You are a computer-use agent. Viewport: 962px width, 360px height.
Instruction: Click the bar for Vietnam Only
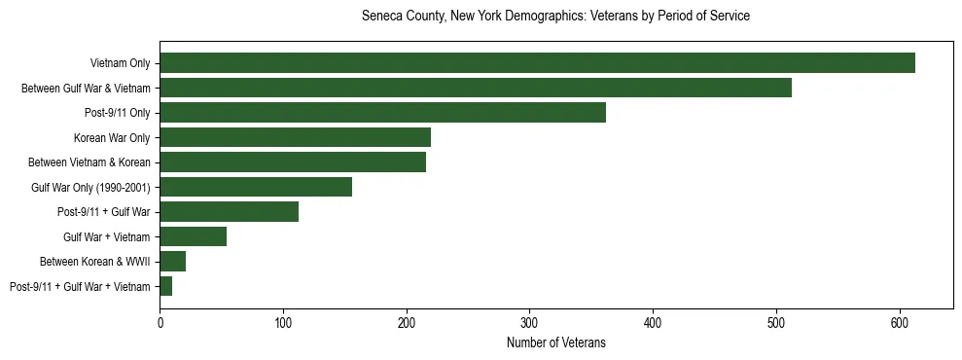pyautogui.click(x=537, y=63)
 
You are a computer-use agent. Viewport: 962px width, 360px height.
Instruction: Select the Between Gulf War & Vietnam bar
pyautogui.click(x=476, y=88)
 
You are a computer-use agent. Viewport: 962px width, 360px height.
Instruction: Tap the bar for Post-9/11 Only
pyautogui.click(x=382, y=113)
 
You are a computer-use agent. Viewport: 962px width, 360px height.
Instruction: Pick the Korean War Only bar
pyautogui.click(x=295, y=137)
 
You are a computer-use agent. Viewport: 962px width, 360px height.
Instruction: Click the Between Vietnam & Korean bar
pyautogui.click(x=293, y=162)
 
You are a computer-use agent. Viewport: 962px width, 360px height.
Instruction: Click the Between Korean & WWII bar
pyautogui.click(x=172, y=262)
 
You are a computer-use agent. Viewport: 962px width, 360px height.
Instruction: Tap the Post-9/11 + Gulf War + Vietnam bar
pyautogui.click(x=165, y=286)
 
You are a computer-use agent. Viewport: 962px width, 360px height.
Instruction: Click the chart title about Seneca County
pyautogui.click(x=555, y=17)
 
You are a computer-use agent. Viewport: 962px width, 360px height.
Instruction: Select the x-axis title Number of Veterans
pyautogui.click(x=555, y=342)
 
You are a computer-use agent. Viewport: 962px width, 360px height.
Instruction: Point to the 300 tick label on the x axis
pyautogui.click(x=529, y=321)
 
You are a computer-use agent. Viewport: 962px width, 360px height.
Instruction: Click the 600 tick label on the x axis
pyautogui.click(x=899, y=321)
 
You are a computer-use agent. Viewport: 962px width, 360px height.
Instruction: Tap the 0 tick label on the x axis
pyautogui.click(x=160, y=321)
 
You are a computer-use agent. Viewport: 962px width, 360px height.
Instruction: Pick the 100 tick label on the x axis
pyautogui.click(x=283, y=321)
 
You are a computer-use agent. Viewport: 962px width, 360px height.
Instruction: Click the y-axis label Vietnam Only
pyautogui.click(x=120, y=63)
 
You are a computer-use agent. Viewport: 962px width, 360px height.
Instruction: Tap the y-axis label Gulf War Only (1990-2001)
pyautogui.click(x=90, y=187)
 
